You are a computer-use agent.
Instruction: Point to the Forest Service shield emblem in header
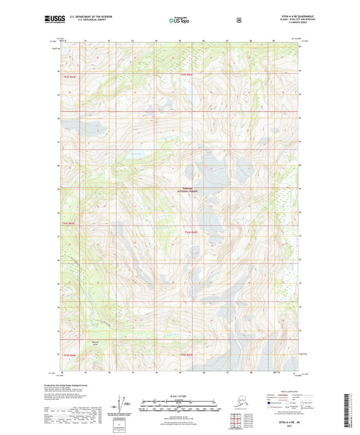238,21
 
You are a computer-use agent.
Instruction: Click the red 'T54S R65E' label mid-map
191,232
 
